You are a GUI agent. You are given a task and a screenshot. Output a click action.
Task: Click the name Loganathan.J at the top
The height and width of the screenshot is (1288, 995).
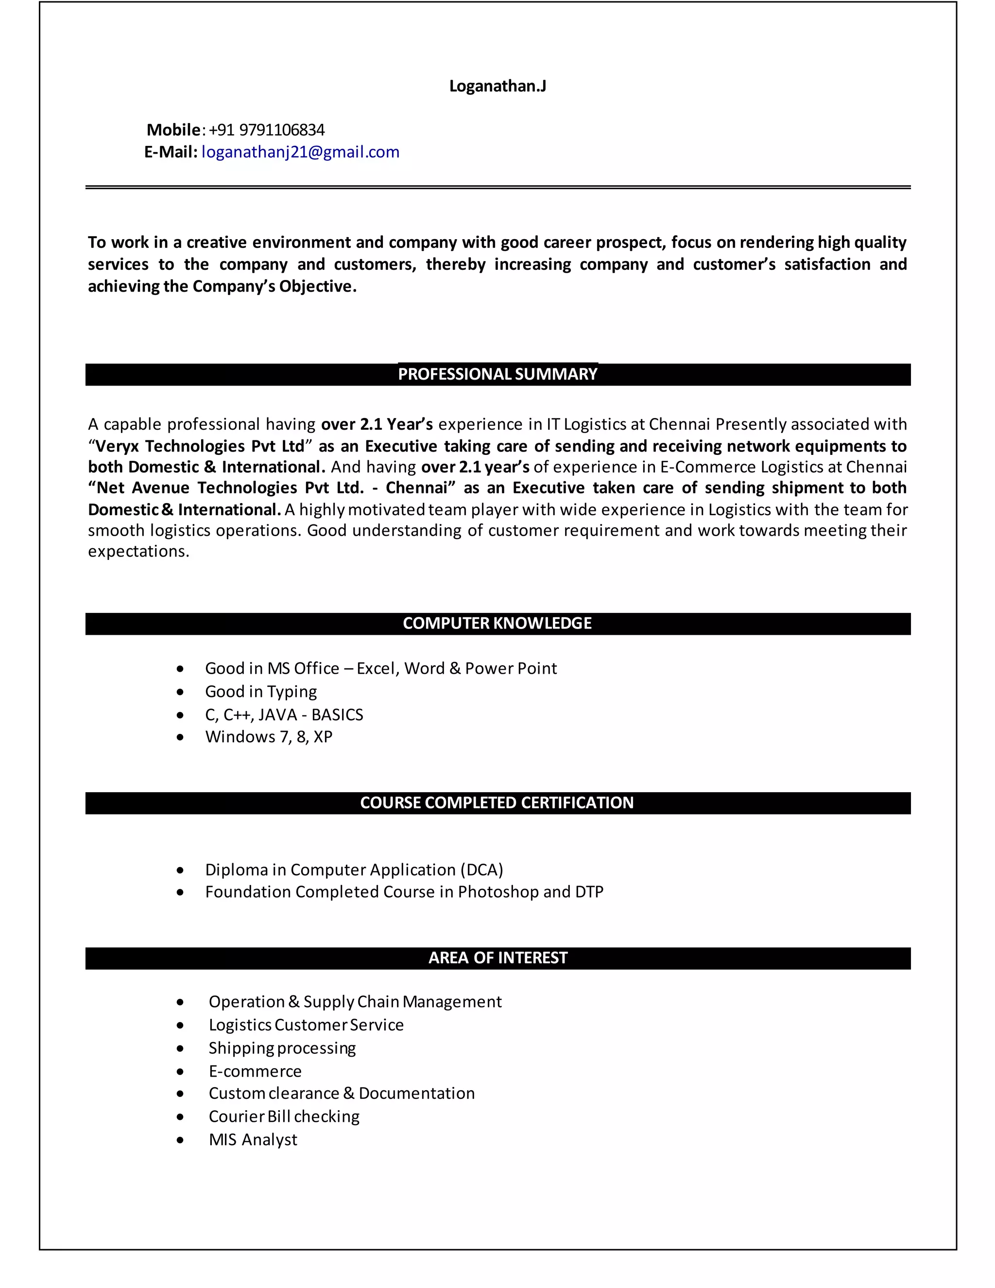coord(497,86)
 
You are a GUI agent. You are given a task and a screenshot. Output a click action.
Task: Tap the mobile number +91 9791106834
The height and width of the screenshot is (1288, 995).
coord(266,130)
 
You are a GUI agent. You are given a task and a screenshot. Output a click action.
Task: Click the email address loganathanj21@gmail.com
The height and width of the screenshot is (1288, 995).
coord(300,152)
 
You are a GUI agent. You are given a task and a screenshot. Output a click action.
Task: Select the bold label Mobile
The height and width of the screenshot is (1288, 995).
coord(173,130)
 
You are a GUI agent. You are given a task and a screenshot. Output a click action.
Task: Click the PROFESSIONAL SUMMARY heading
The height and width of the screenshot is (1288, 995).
coord(497,374)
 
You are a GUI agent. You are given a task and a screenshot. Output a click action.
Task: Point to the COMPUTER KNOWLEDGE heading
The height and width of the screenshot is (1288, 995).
coord(497,624)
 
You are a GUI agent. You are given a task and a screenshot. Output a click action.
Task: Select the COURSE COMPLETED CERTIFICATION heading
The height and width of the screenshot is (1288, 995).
coord(497,802)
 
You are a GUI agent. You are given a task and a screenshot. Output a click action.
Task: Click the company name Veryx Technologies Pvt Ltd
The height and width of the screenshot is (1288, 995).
coord(200,446)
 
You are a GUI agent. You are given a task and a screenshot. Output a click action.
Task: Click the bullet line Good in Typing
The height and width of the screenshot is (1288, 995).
coord(260,691)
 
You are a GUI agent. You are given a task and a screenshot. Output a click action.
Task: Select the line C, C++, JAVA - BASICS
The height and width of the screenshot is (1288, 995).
coord(284,715)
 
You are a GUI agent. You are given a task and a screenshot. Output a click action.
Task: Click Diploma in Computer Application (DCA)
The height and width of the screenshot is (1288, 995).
coord(354,870)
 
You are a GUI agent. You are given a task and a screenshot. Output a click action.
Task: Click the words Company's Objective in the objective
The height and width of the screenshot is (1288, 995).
coord(274,287)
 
